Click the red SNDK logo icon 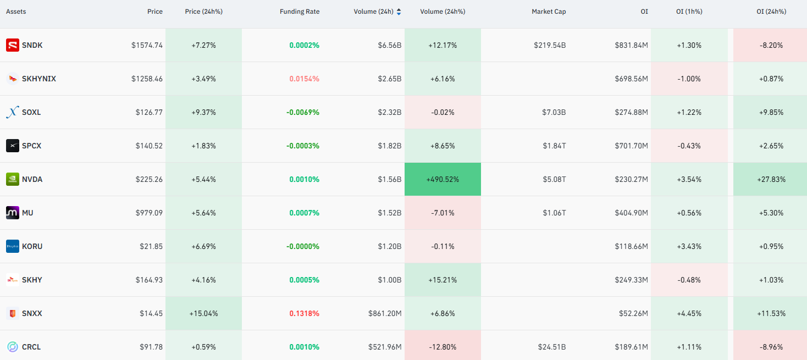(x=13, y=45)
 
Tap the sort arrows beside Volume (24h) (x=399, y=12)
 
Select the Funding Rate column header (x=300, y=12)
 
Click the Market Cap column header (x=549, y=12)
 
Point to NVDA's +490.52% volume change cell (x=443, y=179)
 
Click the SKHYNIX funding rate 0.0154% (x=304, y=79)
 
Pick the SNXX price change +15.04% (x=203, y=313)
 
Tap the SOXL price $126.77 (x=149, y=113)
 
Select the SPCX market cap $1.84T (x=554, y=146)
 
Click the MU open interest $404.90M (x=631, y=213)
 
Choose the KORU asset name (x=32, y=246)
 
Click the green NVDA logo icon (x=13, y=179)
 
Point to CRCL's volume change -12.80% (x=443, y=347)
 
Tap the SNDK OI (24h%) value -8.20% (x=771, y=46)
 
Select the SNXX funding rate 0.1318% (x=304, y=313)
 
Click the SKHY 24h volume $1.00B (x=389, y=280)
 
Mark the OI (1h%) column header (x=689, y=12)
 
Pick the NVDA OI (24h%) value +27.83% (x=771, y=180)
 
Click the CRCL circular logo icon (x=13, y=347)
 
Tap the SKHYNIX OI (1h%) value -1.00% (x=689, y=79)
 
